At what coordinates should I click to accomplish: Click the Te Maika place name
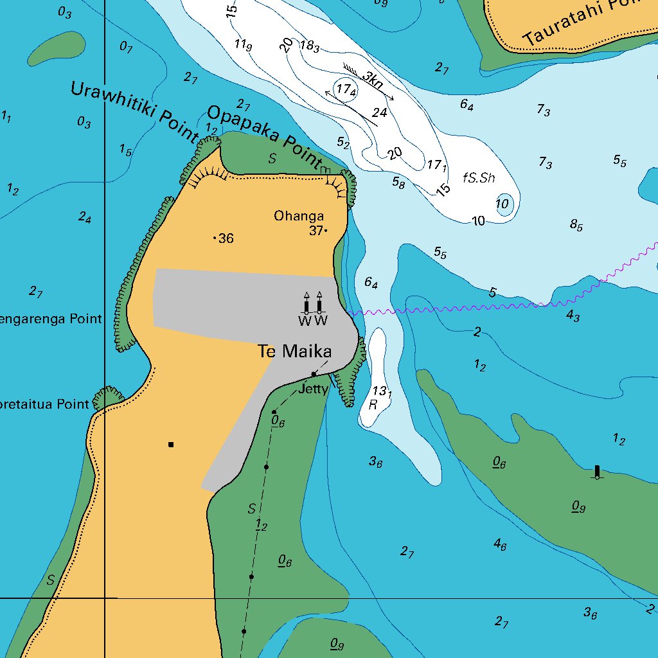pos(295,351)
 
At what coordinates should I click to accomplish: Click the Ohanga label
pos(299,216)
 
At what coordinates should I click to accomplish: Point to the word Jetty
pos(313,389)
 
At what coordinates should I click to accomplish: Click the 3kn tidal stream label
pos(372,80)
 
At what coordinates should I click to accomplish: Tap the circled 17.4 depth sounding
pos(346,90)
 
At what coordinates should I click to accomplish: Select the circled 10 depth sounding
pos(503,204)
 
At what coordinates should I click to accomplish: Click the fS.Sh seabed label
pos(479,178)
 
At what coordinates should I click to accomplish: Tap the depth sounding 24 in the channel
pos(380,113)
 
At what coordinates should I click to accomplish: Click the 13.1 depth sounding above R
pos(382,391)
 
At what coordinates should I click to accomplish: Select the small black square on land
pos(171,444)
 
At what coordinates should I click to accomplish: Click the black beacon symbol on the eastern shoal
pos(597,472)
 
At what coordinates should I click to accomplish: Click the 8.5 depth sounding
pos(576,225)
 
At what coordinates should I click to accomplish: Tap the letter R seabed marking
pos(373,405)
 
